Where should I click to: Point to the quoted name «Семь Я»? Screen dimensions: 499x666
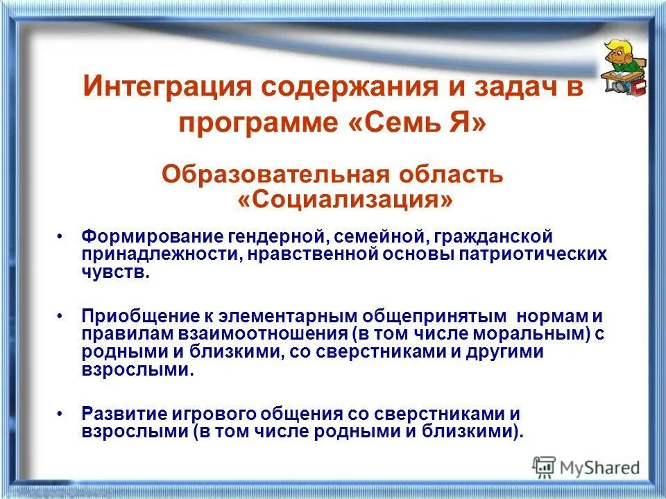coord(417,124)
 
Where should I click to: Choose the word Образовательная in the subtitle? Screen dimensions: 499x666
coord(260,174)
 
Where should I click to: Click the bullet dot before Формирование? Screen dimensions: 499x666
coord(61,237)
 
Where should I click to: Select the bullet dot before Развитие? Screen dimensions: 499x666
coord(61,414)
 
